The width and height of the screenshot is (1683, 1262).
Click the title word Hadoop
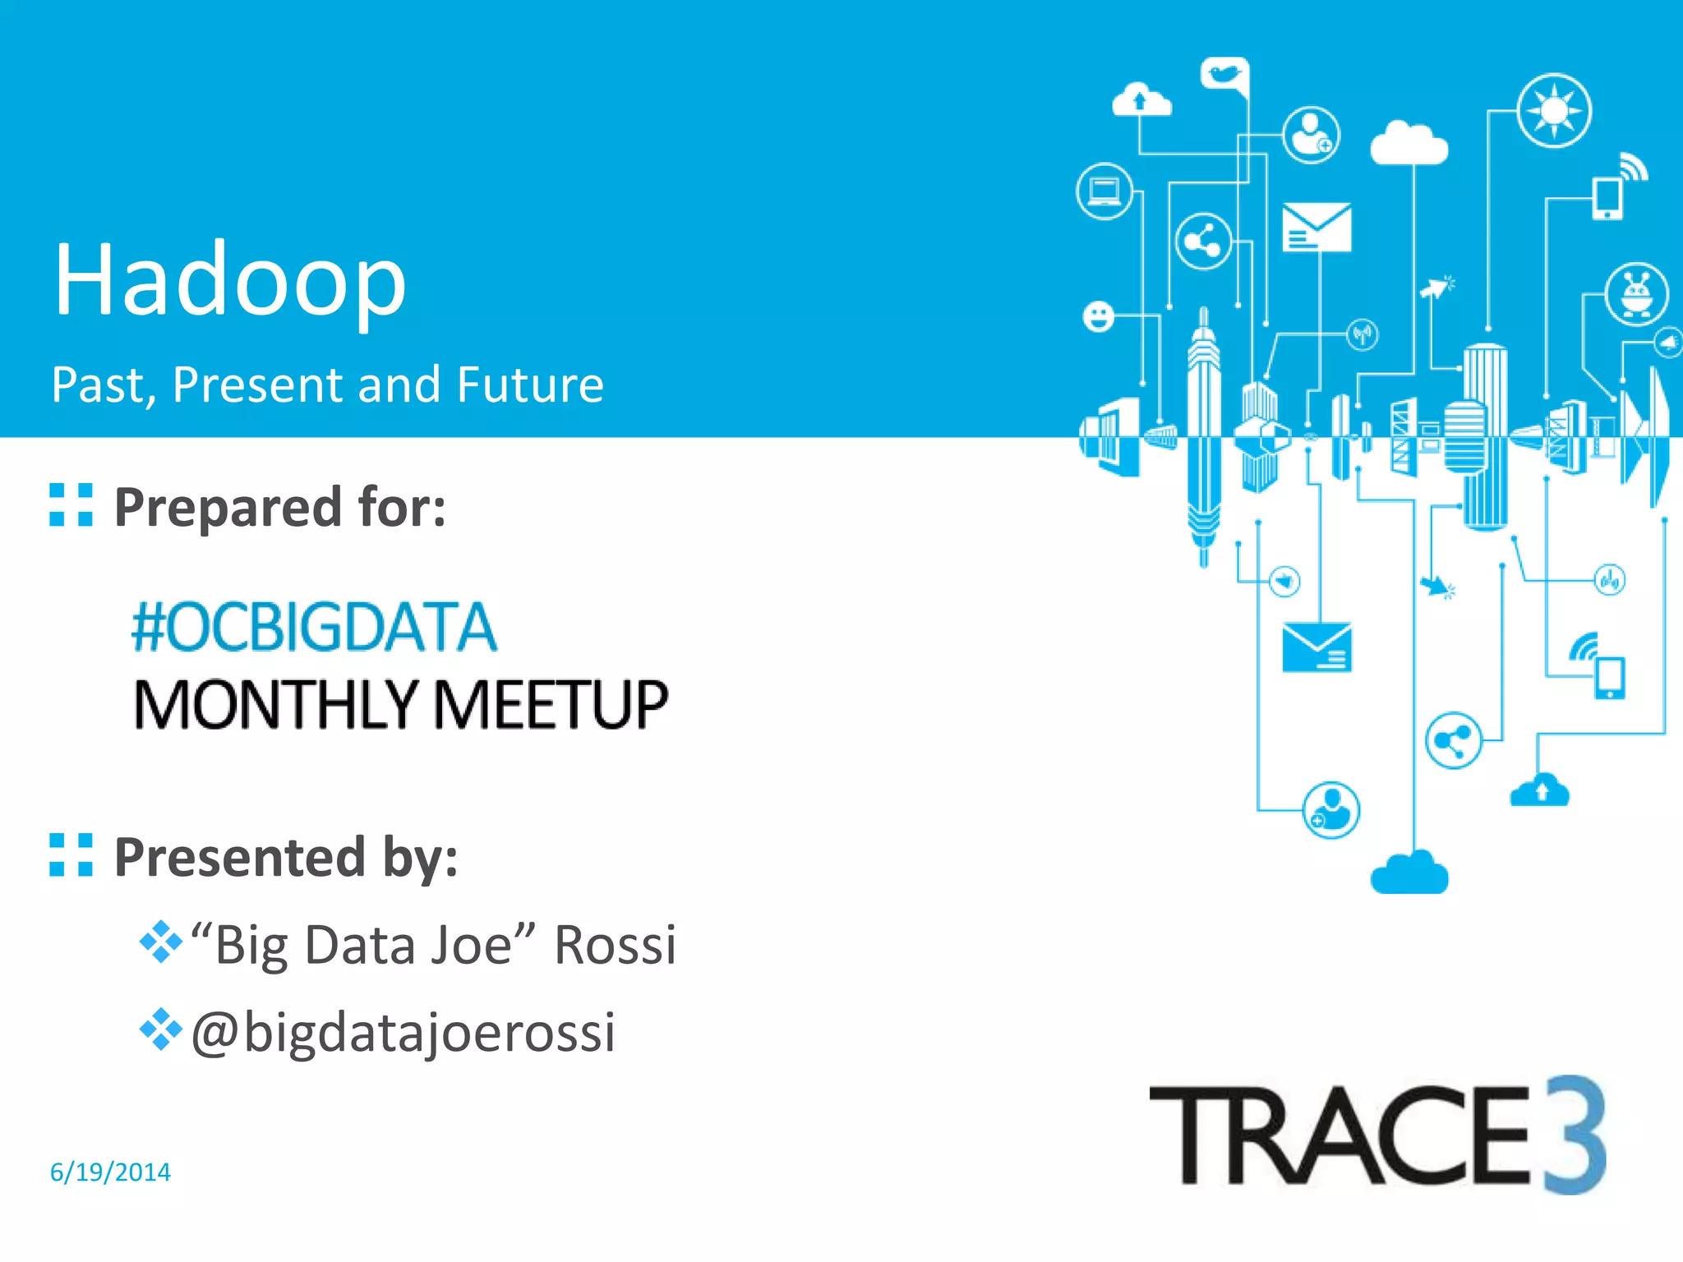(x=230, y=281)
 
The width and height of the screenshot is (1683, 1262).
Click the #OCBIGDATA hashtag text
(x=314, y=627)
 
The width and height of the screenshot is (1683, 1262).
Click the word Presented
(x=239, y=857)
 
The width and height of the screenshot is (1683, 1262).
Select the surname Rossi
(x=615, y=945)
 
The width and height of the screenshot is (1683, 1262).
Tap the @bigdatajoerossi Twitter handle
(x=403, y=1032)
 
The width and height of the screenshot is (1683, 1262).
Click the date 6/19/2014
(x=110, y=1172)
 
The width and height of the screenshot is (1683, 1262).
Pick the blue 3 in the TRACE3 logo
(x=1574, y=1134)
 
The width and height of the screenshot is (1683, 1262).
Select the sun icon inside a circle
(x=1553, y=110)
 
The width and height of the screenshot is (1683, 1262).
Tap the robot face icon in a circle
(x=1636, y=293)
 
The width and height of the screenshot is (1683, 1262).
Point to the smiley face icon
(x=1099, y=316)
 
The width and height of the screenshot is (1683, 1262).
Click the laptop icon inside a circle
(x=1104, y=191)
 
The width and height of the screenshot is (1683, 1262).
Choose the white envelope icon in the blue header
(x=1316, y=227)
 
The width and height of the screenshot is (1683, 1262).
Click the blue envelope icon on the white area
(x=1316, y=647)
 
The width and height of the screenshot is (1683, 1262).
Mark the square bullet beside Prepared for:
(x=71, y=504)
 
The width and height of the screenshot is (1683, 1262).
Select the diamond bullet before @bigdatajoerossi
(x=160, y=1029)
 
